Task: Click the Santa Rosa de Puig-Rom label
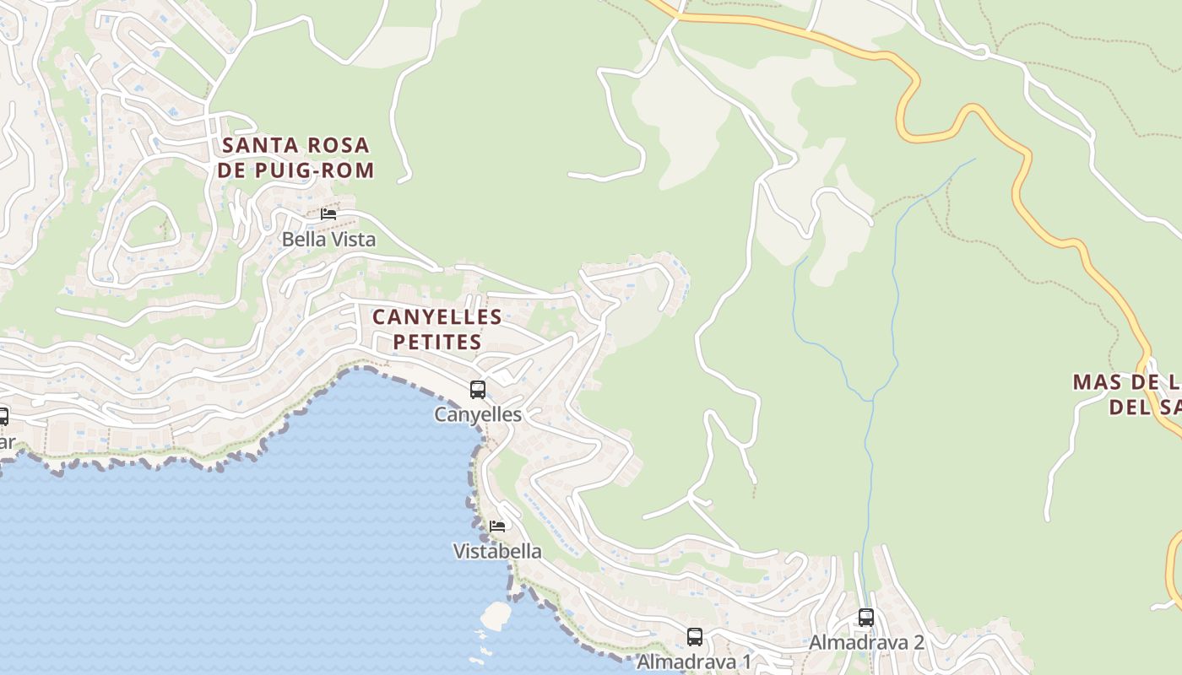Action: [x=295, y=158]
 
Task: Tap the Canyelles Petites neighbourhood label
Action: [x=436, y=329]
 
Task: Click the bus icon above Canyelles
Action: [x=478, y=390]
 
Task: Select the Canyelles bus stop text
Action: [x=478, y=414]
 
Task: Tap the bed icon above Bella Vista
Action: [x=328, y=214]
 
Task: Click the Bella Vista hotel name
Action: [x=328, y=239]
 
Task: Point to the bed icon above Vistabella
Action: [x=497, y=526]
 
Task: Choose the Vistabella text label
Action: [x=497, y=551]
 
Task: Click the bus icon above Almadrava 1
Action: [x=695, y=637]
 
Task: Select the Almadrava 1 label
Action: [x=693, y=661]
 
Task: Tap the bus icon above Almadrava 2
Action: [x=866, y=618]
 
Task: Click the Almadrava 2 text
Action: [x=866, y=642]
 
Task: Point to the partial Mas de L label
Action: [x=1128, y=394]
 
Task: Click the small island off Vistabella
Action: [x=496, y=615]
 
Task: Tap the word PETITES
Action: [x=437, y=342]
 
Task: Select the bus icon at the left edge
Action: [x=3, y=416]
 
